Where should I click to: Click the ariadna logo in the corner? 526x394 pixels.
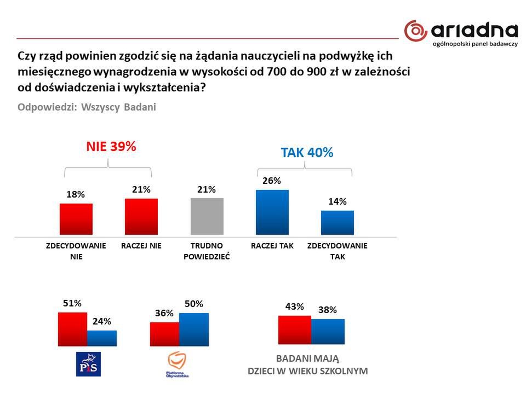tap(461, 33)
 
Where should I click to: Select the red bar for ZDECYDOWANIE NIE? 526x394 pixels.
tap(76, 219)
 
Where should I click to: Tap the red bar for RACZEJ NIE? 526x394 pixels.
tap(141, 217)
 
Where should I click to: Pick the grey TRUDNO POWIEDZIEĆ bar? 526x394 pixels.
tap(207, 217)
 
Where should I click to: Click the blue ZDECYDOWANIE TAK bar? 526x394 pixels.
tap(338, 223)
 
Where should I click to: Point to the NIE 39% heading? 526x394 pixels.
tap(110, 147)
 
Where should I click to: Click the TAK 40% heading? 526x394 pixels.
tap(307, 153)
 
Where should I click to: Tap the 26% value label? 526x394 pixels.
tap(272, 181)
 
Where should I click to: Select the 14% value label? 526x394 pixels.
tap(338, 201)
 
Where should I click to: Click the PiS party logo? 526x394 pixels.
tap(88, 364)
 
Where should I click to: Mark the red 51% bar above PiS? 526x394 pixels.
tap(73, 329)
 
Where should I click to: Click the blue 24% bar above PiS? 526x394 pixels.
tap(102, 338)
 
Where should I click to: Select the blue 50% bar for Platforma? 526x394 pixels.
tap(194, 329)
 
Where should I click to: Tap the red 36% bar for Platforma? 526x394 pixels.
tap(164, 334)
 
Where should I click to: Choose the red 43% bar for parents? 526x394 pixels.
tap(295, 330)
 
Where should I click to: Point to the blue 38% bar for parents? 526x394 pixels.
tap(328, 332)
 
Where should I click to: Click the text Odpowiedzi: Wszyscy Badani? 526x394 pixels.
tap(87, 107)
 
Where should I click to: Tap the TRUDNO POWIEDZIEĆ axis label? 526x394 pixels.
tap(207, 251)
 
